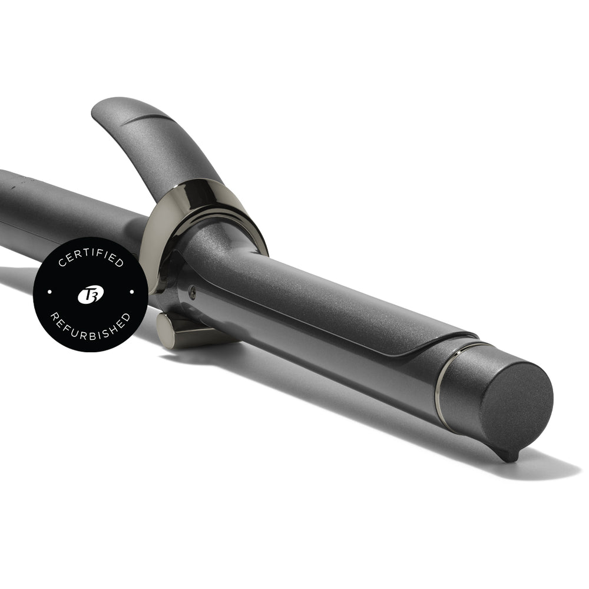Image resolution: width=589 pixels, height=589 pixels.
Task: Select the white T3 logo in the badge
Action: coord(91,294)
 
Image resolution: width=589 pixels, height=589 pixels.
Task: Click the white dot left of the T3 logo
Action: coord(50,292)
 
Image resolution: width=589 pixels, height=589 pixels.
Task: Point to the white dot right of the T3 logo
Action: coord(132,292)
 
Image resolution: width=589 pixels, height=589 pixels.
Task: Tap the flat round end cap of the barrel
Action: coord(517,405)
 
